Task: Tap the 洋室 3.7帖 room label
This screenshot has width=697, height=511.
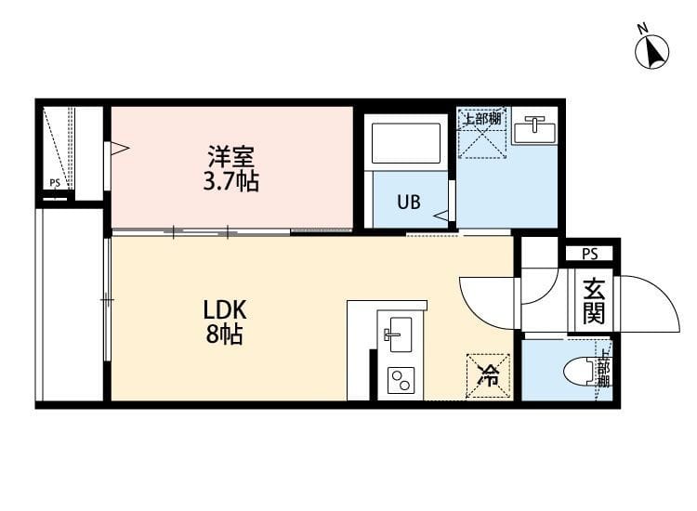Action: pos(230,168)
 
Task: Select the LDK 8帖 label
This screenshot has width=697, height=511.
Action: pos(224,321)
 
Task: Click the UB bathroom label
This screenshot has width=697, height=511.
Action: pos(409,202)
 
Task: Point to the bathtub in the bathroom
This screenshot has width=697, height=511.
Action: pos(406,143)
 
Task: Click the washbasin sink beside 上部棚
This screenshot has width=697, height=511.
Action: pos(533,129)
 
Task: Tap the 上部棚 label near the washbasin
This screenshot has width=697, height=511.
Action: pos(482,119)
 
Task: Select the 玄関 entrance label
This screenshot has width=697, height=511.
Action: pos(593,301)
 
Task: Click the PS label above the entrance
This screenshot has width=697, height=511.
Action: pos(589,253)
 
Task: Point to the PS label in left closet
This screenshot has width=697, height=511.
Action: pos(55,183)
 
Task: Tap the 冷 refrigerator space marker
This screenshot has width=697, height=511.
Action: pos(488,376)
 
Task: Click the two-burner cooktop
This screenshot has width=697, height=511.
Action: pos(401,380)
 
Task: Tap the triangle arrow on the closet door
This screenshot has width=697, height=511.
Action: pos(118,148)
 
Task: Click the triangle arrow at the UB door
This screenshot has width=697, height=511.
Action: pos(441,216)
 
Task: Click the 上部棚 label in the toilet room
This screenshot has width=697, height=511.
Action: pos(603,367)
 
